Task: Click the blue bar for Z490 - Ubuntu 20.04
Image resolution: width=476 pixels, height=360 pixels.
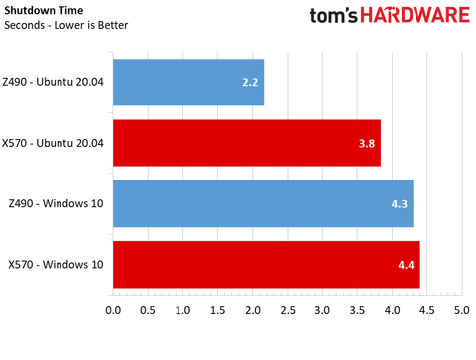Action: tap(188, 82)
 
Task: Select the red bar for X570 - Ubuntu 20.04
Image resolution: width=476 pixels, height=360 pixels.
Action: tap(246, 143)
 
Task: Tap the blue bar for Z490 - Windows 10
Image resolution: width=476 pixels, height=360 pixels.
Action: tap(263, 203)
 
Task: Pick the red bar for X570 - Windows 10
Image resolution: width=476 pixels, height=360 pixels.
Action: tap(266, 264)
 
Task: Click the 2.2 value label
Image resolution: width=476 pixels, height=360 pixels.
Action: tap(251, 82)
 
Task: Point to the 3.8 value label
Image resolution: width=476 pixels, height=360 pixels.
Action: tap(367, 143)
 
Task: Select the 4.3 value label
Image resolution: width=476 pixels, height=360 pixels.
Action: tap(400, 203)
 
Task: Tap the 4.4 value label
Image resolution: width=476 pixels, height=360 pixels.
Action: tap(407, 264)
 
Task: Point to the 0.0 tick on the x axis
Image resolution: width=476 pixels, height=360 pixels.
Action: tap(113, 311)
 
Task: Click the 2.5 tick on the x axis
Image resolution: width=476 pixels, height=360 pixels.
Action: tap(288, 311)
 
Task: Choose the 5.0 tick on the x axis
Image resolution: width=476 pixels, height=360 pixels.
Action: tap(462, 311)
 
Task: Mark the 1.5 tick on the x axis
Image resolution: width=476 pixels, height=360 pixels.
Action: tap(218, 311)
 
